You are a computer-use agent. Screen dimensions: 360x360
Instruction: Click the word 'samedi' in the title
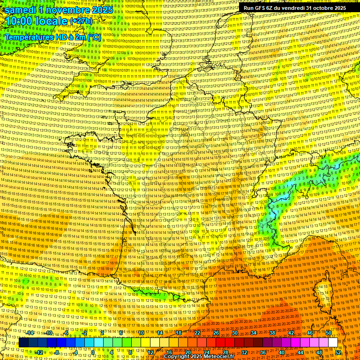point(21,10)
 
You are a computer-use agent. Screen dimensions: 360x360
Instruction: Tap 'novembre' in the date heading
point(69,10)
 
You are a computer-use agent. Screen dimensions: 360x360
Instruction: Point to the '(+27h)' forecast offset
point(82,22)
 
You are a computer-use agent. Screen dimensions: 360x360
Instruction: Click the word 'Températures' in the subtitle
point(29,37)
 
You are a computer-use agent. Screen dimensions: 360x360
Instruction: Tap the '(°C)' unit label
point(93,37)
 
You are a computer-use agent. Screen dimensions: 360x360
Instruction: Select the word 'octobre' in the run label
point(317,8)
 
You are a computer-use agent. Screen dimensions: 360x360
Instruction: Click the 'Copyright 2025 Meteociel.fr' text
point(198,356)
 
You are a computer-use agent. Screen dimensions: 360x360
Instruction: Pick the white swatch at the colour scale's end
point(333,343)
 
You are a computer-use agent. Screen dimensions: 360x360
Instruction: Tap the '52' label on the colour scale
point(338,352)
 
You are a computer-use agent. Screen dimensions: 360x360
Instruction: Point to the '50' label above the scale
point(329,333)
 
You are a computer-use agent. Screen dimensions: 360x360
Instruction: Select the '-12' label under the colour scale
point(39,352)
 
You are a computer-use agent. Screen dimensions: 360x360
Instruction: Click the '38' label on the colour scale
point(272,333)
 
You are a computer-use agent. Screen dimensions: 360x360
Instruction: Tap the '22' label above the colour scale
point(197,333)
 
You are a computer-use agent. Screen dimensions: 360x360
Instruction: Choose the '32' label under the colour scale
point(244,352)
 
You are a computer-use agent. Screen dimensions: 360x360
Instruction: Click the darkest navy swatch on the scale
point(23,343)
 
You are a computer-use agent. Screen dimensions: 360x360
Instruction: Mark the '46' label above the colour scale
point(310,333)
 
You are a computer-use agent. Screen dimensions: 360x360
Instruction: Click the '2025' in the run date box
point(337,8)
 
